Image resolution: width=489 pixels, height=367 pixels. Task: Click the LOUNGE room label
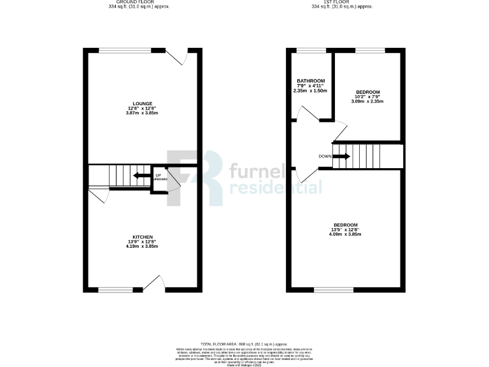[x=142, y=103]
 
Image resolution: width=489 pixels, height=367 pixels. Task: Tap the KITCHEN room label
[x=142, y=237]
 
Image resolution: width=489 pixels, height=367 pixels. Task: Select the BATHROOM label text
[x=310, y=81]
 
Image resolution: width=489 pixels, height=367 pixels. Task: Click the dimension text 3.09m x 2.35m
[x=367, y=101]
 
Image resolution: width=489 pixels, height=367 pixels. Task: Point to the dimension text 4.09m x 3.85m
[x=345, y=234]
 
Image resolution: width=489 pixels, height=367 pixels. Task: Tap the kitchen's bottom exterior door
[x=155, y=284]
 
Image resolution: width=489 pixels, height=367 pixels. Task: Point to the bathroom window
[x=310, y=50]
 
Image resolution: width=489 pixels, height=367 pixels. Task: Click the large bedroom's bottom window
[x=334, y=291]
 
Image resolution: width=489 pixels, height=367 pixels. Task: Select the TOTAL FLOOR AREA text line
[x=244, y=343]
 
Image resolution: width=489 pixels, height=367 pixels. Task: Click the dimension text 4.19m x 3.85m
[x=142, y=247]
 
